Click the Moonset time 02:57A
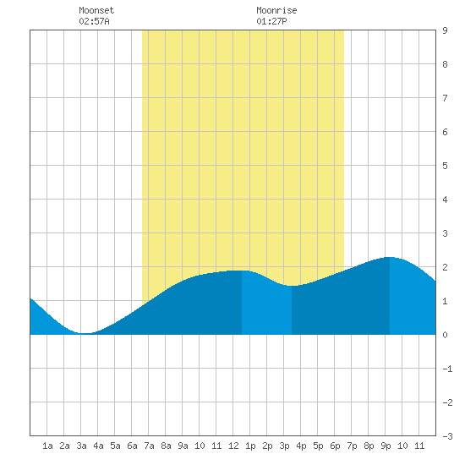tap(94, 21)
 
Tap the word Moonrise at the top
tap(276, 10)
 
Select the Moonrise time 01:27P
tap(271, 21)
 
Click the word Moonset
tap(96, 10)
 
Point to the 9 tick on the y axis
tap(445, 30)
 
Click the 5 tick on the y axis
tap(445, 166)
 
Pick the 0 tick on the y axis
tap(445, 335)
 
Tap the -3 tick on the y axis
tap(447, 436)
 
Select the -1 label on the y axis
tap(447, 369)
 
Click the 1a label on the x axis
tap(47, 446)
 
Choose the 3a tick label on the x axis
tap(81, 446)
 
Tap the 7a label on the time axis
tap(149, 446)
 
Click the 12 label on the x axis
tap(233, 446)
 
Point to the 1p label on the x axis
tap(250, 446)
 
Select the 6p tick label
tap(335, 446)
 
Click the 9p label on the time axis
tap(386, 446)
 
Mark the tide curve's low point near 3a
tap(85, 333)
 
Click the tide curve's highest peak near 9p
tap(390, 257)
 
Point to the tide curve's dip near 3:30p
tap(292, 286)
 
